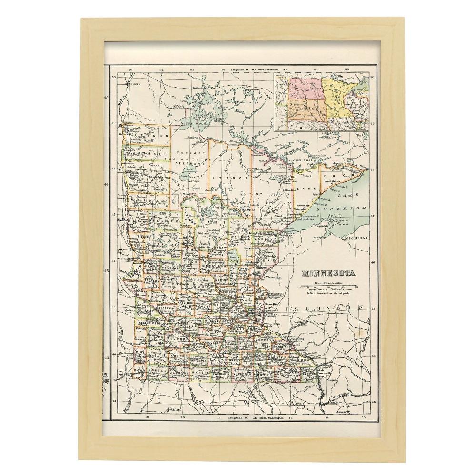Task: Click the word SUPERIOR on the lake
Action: (348, 210)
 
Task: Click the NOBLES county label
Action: (158, 371)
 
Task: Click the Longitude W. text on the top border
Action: (241, 70)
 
